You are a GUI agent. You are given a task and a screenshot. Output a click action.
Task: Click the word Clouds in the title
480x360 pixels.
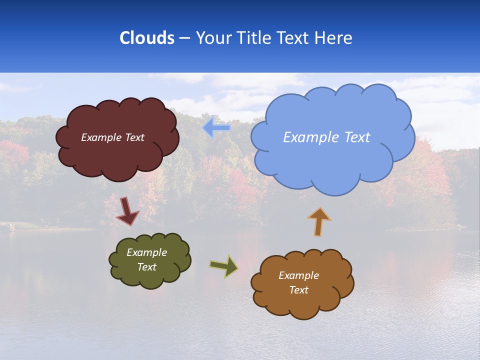(146, 38)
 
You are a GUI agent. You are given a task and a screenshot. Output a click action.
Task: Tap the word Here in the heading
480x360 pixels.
(333, 38)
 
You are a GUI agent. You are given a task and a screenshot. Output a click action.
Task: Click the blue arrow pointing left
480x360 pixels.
(216, 128)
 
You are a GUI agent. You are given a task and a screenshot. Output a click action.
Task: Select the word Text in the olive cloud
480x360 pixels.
(147, 267)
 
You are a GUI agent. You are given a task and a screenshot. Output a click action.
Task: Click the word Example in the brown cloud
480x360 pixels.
(298, 275)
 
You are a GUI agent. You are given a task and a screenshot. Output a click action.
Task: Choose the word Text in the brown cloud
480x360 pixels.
(298, 290)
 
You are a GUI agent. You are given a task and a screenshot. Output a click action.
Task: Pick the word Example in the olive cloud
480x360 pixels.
(147, 252)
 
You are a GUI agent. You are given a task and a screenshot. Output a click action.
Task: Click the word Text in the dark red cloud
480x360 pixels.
(135, 137)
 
